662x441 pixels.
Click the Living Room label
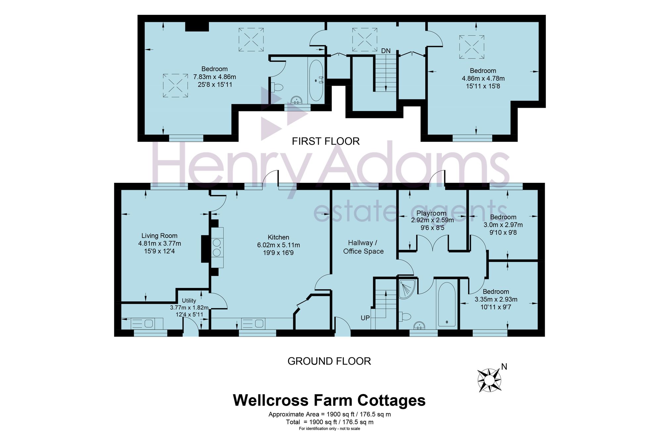pyautogui.click(x=159, y=236)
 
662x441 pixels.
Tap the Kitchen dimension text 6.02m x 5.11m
pyautogui.click(x=278, y=245)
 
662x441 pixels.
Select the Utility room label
pyautogui.click(x=189, y=301)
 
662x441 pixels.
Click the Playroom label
pyautogui.click(x=431, y=213)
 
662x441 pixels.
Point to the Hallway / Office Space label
pyautogui.click(x=363, y=247)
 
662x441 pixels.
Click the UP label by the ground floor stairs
pyautogui.click(x=365, y=318)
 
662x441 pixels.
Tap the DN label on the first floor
pyautogui.click(x=386, y=51)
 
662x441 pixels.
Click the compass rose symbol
pyautogui.click(x=489, y=380)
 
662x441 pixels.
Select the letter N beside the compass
pyautogui.click(x=504, y=366)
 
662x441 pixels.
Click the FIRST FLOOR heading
pyautogui.click(x=326, y=141)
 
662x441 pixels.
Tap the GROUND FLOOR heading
pyautogui.click(x=329, y=361)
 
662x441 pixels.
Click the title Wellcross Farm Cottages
pyautogui.click(x=329, y=400)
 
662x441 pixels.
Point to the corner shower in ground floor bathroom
pyautogui.click(x=406, y=289)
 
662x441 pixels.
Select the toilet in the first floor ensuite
pyautogui.click(x=277, y=87)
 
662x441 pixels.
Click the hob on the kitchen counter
pyautogui.click(x=217, y=247)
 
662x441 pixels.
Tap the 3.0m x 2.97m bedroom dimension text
pyautogui.click(x=503, y=225)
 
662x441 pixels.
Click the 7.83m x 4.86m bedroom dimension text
pyautogui.click(x=214, y=77)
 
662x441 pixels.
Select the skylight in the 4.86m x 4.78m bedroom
pyautogui.click(x=471, y=47)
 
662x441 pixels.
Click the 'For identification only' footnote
pyautogui.click(x=329, y=428)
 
